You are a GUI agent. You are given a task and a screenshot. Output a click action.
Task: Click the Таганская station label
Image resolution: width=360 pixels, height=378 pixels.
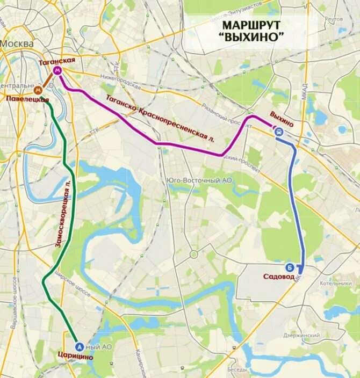(x=56, y=61)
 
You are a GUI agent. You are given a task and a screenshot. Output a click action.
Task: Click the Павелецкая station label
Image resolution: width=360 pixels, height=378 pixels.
(x=27, y=99)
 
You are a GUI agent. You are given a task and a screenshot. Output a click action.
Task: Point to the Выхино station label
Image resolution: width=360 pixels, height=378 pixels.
(x=282, y=117)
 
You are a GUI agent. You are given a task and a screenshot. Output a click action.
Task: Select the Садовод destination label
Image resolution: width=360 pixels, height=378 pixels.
(x=280, y=277)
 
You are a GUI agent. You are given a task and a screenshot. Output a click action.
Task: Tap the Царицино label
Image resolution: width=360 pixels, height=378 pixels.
(x=75, y=357)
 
